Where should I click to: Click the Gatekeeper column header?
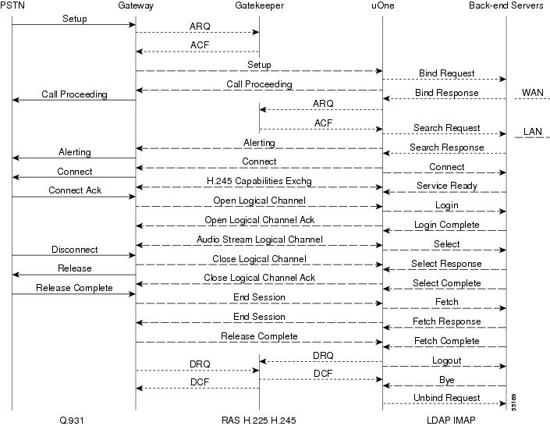coord(259,5)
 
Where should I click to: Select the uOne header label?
coord(383,5)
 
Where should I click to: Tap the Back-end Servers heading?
coord(506,5)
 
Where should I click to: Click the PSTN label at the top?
coord(12,5)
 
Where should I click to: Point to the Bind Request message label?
coord(446,73)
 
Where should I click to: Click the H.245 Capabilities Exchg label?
coord(259,181)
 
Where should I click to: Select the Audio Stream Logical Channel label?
coord(259,240)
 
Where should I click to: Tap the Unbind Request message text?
coord(446,398)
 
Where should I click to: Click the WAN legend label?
coord(533,93)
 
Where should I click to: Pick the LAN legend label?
coord(533,132)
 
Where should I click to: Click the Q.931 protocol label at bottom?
coord(72,420)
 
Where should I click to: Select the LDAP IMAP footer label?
coord(451,420)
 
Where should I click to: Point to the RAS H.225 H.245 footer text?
coord(259,420)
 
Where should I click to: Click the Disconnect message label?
coord(75,250)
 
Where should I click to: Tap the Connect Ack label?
coord(75,190)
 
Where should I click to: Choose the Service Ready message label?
coord(446,186)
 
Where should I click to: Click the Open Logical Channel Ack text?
coord(259,220)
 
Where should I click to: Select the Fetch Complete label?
coord(446,341)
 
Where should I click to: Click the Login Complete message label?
coord(446,225)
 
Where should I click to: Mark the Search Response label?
coord(446,147)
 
